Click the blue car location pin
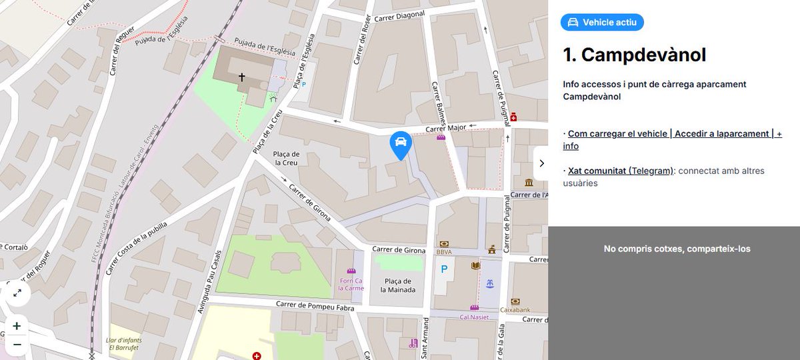(x=400, y=144)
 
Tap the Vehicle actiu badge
(x=602, y=23)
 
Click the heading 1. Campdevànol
(x=634, y=55)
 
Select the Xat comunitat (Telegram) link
(x=621, y=171)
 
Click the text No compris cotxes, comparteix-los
(x=677, y=249)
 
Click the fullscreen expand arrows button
(x=17, y=293)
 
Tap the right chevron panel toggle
(x=541, y=163)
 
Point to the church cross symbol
(x=241, y=78)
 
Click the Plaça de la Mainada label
(x=398, y=285)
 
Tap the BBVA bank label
(x=444, y=252)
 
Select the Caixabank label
(x=514, y=310)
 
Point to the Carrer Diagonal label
(x=399, y=18)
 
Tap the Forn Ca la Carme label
(x=351, y=285)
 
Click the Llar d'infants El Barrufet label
(x=123, y=344)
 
